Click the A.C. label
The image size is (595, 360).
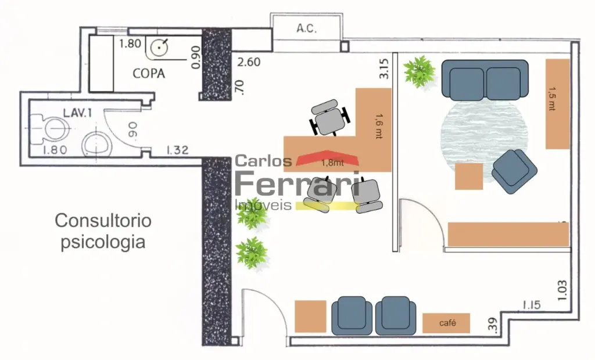click(307, 28)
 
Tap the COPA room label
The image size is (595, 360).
click(149, 73)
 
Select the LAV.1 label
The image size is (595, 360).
click(77, 113)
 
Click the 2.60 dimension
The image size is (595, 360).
click(249, 62)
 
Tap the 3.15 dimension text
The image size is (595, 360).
click(383, 69)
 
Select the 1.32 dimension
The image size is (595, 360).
click(177, 150)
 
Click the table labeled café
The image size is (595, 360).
click(446, 323)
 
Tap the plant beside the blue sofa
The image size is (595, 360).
click(419, 71)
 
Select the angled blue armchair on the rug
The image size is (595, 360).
click(514, 172)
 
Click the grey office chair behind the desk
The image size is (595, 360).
click(329, 118)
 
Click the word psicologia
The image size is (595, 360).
click(103, 242)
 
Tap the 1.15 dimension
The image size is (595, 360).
click(531, 305)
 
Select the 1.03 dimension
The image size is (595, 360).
click(562, 290)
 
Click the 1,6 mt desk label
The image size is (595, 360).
click(379, 126)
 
